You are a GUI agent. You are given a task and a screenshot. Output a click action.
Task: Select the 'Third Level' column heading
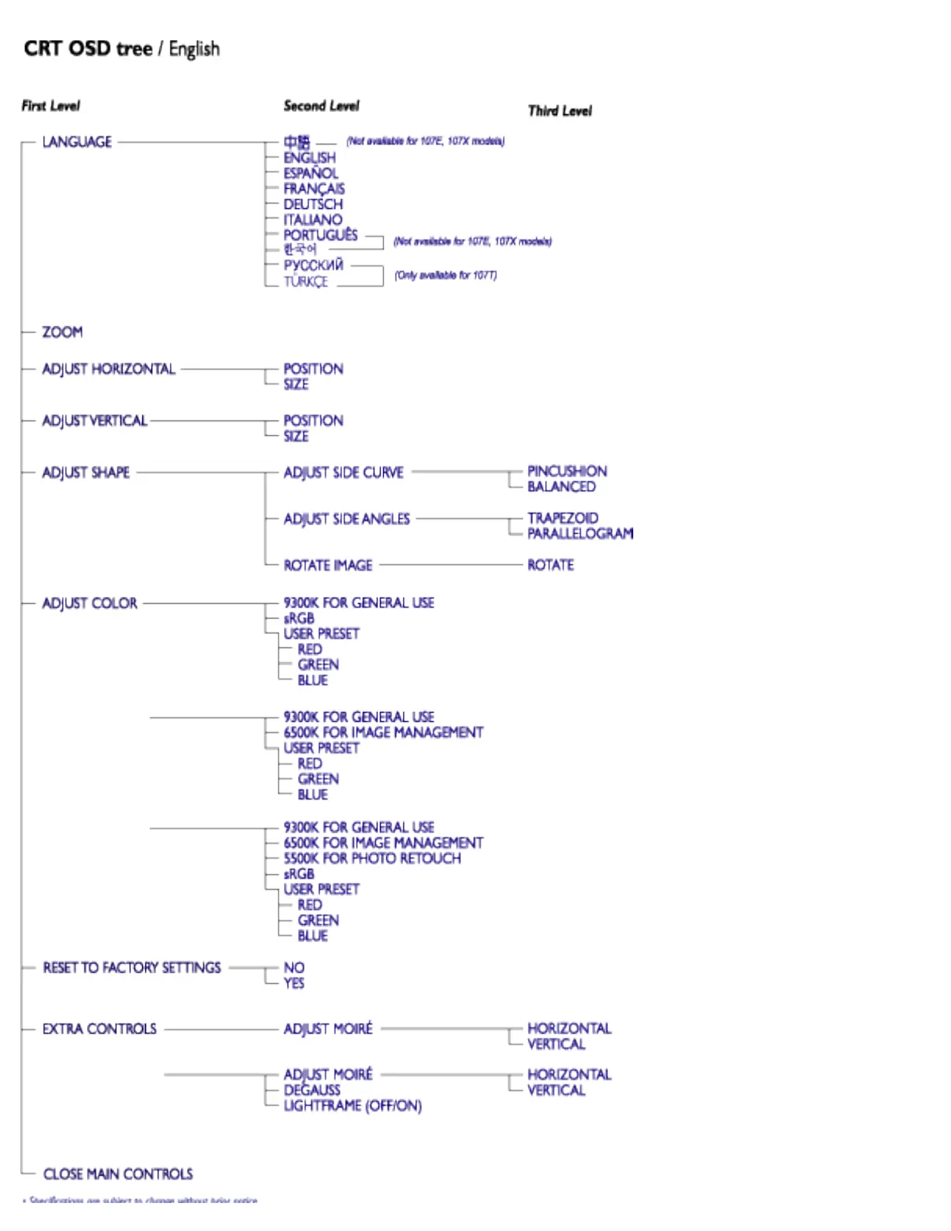click(x=559, y=111)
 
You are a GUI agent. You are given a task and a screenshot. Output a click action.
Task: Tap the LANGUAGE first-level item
click(x=77, y=142)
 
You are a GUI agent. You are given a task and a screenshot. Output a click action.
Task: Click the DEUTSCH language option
click(x=312, y=204)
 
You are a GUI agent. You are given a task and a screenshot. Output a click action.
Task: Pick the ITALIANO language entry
click(x=312, y=220)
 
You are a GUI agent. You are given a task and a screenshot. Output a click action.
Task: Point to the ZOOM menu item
click(x=62, y=333)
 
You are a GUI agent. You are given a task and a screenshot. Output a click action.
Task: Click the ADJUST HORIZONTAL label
click(x=109, y=369)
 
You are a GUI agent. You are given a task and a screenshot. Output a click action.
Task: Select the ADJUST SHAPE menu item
click(x=85, y=473)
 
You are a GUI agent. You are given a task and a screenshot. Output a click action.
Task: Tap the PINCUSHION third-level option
click(x=567, y=471)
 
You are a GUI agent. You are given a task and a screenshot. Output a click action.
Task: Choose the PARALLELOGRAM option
click(x=580, y=534)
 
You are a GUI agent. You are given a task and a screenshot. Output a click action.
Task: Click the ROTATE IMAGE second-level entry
click(x=328, y=566)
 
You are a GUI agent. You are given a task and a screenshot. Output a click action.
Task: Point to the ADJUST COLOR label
click(x=89, y=603)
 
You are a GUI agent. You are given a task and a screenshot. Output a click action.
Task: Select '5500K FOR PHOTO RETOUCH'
click(x=372, y=859)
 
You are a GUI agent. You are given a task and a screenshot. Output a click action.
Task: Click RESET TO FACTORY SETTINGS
click(x=132, y=968)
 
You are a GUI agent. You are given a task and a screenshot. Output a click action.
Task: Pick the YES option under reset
click(x=294, y=984)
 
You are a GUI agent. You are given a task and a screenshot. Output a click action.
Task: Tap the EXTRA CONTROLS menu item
click(x=99, y=1029)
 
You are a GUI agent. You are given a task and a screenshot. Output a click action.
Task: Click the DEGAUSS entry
click(x=312, y=1090)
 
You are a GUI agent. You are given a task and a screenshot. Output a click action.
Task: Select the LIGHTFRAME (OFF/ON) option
click(x=352, y=1106)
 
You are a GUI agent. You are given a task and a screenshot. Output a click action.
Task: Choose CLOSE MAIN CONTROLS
click(x=118, y=1174)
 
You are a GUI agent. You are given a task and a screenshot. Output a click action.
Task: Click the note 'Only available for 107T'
click(x=445, y=275)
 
